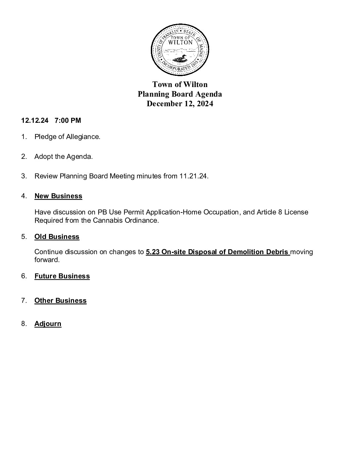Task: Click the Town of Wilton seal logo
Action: (180, 50)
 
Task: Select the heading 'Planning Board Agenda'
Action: (180, 94)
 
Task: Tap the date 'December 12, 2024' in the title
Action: (180, 104)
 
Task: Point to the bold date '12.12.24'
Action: (35, 120)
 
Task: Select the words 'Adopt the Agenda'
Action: (63, 157)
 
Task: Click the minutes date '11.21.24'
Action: (194, 176)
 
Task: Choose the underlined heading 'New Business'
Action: (58, 196)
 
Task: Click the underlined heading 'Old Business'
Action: (57, 237)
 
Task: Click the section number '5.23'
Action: (153, 252)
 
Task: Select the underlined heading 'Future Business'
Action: (62, 276)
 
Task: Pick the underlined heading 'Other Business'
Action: (60, 301)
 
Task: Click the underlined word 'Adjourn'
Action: (48, 324)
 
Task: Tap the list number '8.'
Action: (24, 324)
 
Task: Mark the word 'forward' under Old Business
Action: (46, 260)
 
